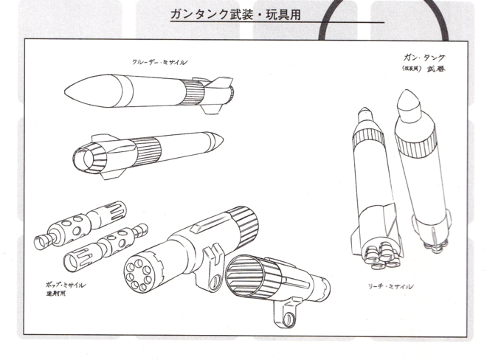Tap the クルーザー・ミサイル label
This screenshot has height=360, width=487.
159,62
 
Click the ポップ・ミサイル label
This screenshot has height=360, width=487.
66,283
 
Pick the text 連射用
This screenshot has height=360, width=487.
55,294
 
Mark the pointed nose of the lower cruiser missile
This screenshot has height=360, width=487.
219,139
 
